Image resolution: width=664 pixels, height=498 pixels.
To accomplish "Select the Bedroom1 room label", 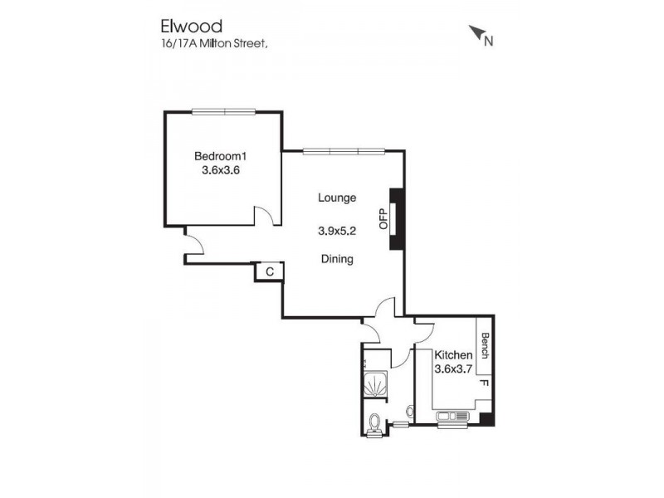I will pos(221,156).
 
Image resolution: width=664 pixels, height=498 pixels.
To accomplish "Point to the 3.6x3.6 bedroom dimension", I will pos(221,170).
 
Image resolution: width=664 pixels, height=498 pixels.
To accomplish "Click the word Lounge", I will pos(337,198).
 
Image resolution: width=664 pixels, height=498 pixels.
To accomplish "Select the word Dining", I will pos(337,259).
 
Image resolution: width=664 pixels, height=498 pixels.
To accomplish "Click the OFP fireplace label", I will pos(383,218).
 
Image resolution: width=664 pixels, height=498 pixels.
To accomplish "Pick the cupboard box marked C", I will pos(270,271).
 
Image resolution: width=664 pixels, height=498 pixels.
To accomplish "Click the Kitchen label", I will pos(453,355).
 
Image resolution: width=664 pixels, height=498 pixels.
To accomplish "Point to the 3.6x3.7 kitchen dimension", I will pos(453,369).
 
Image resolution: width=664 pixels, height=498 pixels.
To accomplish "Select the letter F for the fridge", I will pos(485,385).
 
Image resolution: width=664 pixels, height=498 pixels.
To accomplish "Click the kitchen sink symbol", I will pos(452,415).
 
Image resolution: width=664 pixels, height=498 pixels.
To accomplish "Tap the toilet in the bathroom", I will pos(375,423).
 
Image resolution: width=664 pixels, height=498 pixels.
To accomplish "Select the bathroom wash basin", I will pos(410,411).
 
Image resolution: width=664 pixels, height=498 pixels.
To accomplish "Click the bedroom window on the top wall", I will pos(222,111).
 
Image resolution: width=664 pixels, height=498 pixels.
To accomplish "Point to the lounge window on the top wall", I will pos(344,151).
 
